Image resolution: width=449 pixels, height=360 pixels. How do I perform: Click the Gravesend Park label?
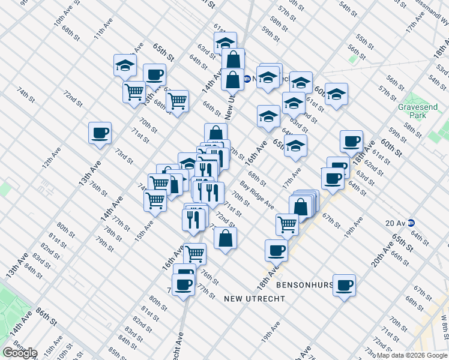pos(418,112)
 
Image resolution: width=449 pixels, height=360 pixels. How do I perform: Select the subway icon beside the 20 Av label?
pos(411,223)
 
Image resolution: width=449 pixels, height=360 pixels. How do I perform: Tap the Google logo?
pos(19,353)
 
